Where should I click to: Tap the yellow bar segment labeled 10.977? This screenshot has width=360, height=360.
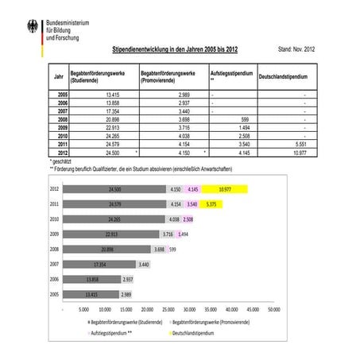pos(226,189)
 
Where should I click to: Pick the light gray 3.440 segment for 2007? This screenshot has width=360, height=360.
pos(144,264)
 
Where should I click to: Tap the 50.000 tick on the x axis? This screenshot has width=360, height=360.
pos(273,309)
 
